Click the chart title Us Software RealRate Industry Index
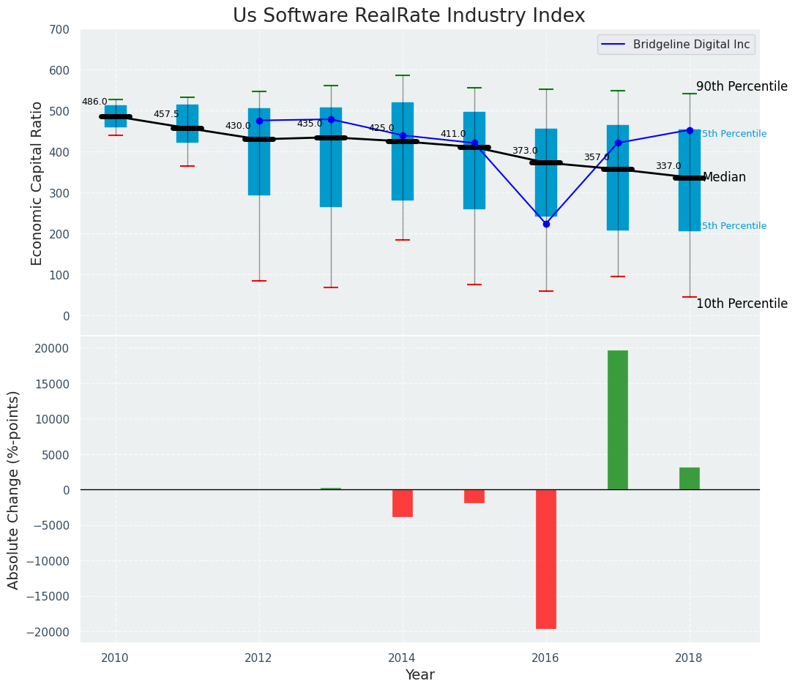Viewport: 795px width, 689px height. point(408,16)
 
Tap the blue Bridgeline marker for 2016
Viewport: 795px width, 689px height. point(546,224)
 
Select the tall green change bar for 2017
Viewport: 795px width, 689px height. point(618,420)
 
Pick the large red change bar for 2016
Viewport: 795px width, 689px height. point(546,559)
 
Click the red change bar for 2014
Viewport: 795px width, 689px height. point(403,503)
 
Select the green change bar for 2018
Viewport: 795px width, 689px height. point(690,478)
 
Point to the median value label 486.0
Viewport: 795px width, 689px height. point(94,102)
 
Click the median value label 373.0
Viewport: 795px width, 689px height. point(525,151)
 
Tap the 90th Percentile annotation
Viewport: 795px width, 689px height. point(742,86)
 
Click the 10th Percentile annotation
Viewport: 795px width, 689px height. point(742,304)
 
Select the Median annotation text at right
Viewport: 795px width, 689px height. point(724,178)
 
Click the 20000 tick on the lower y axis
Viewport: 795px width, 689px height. point(54,348)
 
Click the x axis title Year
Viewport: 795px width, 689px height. point(420,675)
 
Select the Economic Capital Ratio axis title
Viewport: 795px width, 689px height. point(37,183)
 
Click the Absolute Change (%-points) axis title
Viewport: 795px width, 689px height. point(14,489)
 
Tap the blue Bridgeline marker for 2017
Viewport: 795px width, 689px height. point(618,143)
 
